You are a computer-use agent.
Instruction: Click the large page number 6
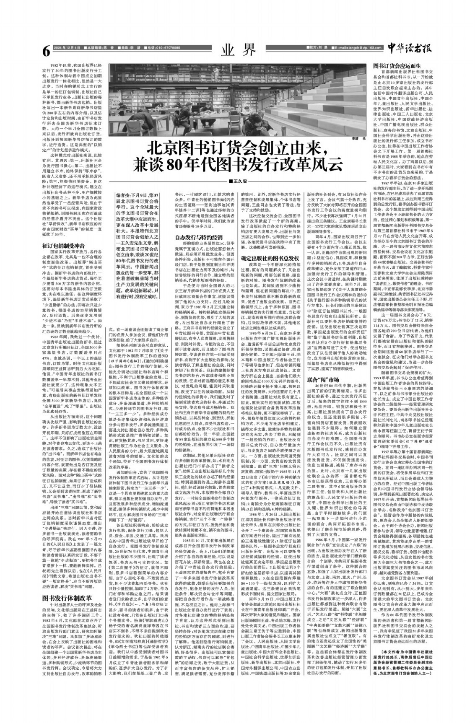click(46, 51)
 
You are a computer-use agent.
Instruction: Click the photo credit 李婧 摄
click(356, 137)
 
